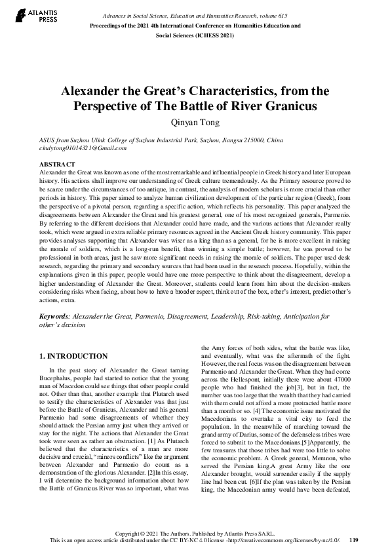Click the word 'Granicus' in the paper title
[x=285, y=105]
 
